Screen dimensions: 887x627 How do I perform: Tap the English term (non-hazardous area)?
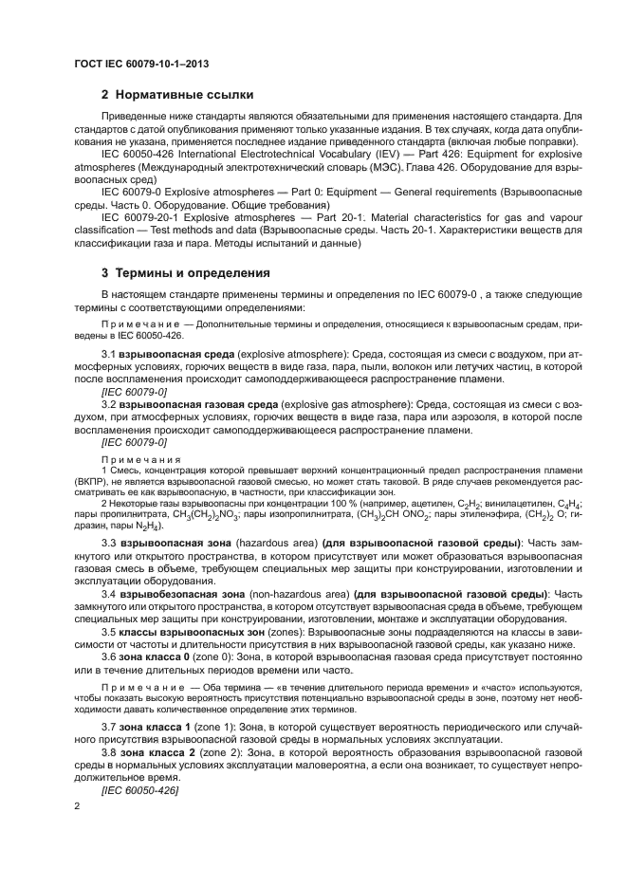(299, 595)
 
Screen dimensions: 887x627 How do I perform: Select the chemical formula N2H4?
(148, 525)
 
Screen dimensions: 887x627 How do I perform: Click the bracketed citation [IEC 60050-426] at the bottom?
(139, 789)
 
